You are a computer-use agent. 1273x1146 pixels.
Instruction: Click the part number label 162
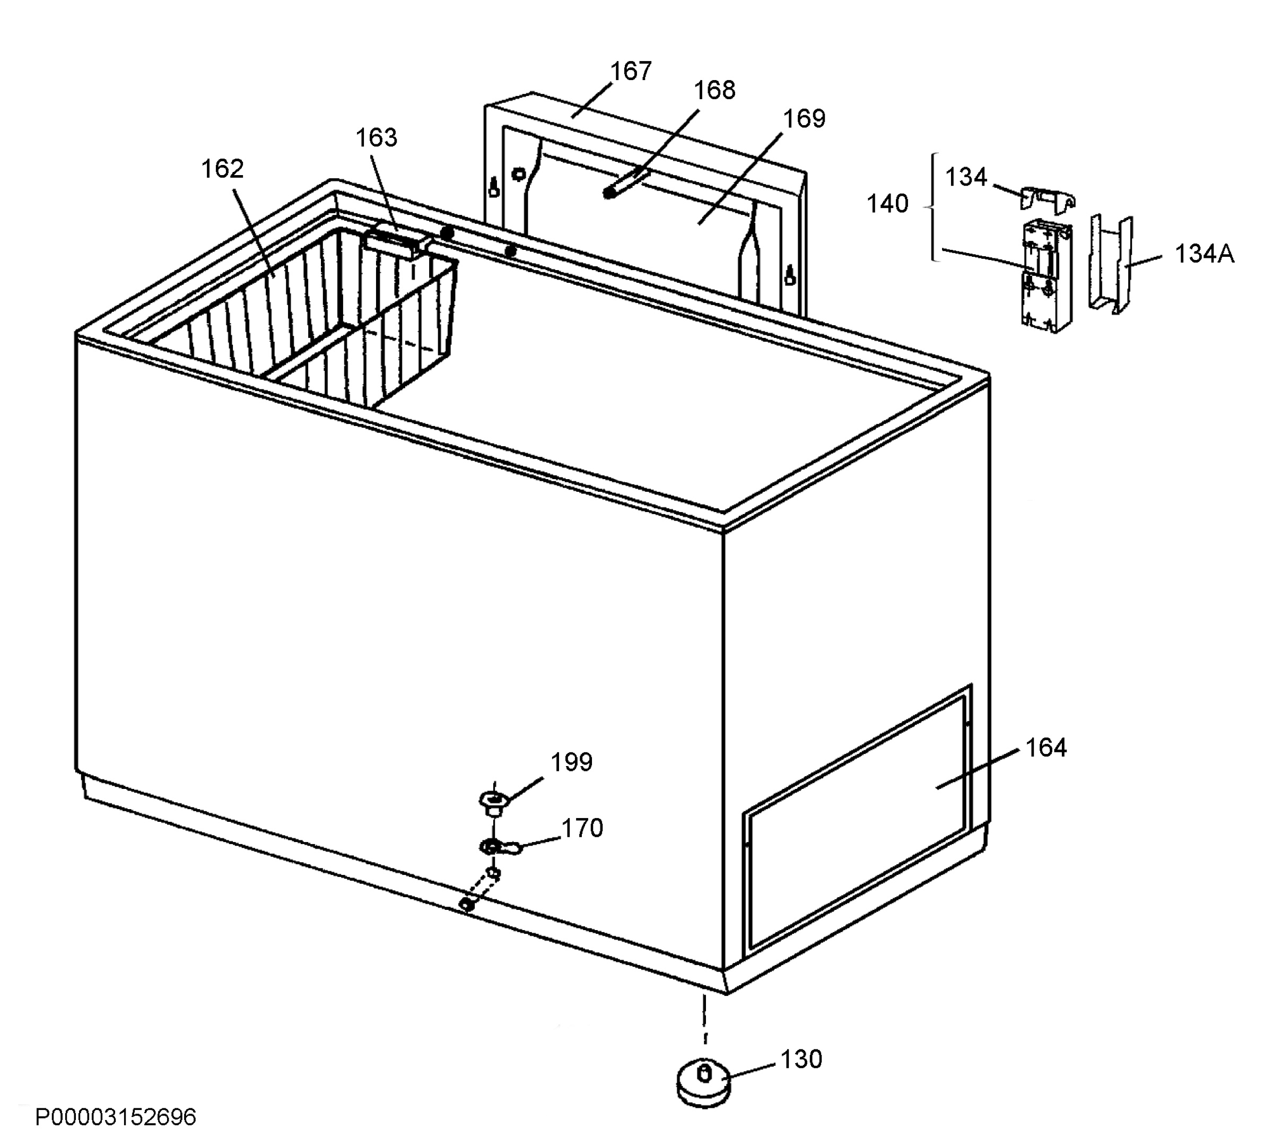point(222,169)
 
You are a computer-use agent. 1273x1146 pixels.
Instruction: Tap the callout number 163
point(377,137)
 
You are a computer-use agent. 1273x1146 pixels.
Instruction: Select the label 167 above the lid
point(631,71)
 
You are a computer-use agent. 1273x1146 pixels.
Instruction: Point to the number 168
point(714,90)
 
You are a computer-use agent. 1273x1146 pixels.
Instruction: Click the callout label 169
point(804,118)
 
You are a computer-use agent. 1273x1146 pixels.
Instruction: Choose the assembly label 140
point(888,203)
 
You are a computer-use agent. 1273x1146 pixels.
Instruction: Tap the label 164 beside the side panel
point(1046,748)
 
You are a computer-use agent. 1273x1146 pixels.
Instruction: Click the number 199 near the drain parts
point(572,762)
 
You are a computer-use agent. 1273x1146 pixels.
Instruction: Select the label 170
point(582,828)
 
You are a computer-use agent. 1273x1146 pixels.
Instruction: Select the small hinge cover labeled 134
point(1047,200)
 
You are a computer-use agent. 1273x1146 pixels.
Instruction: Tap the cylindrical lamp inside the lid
point(623,183)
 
